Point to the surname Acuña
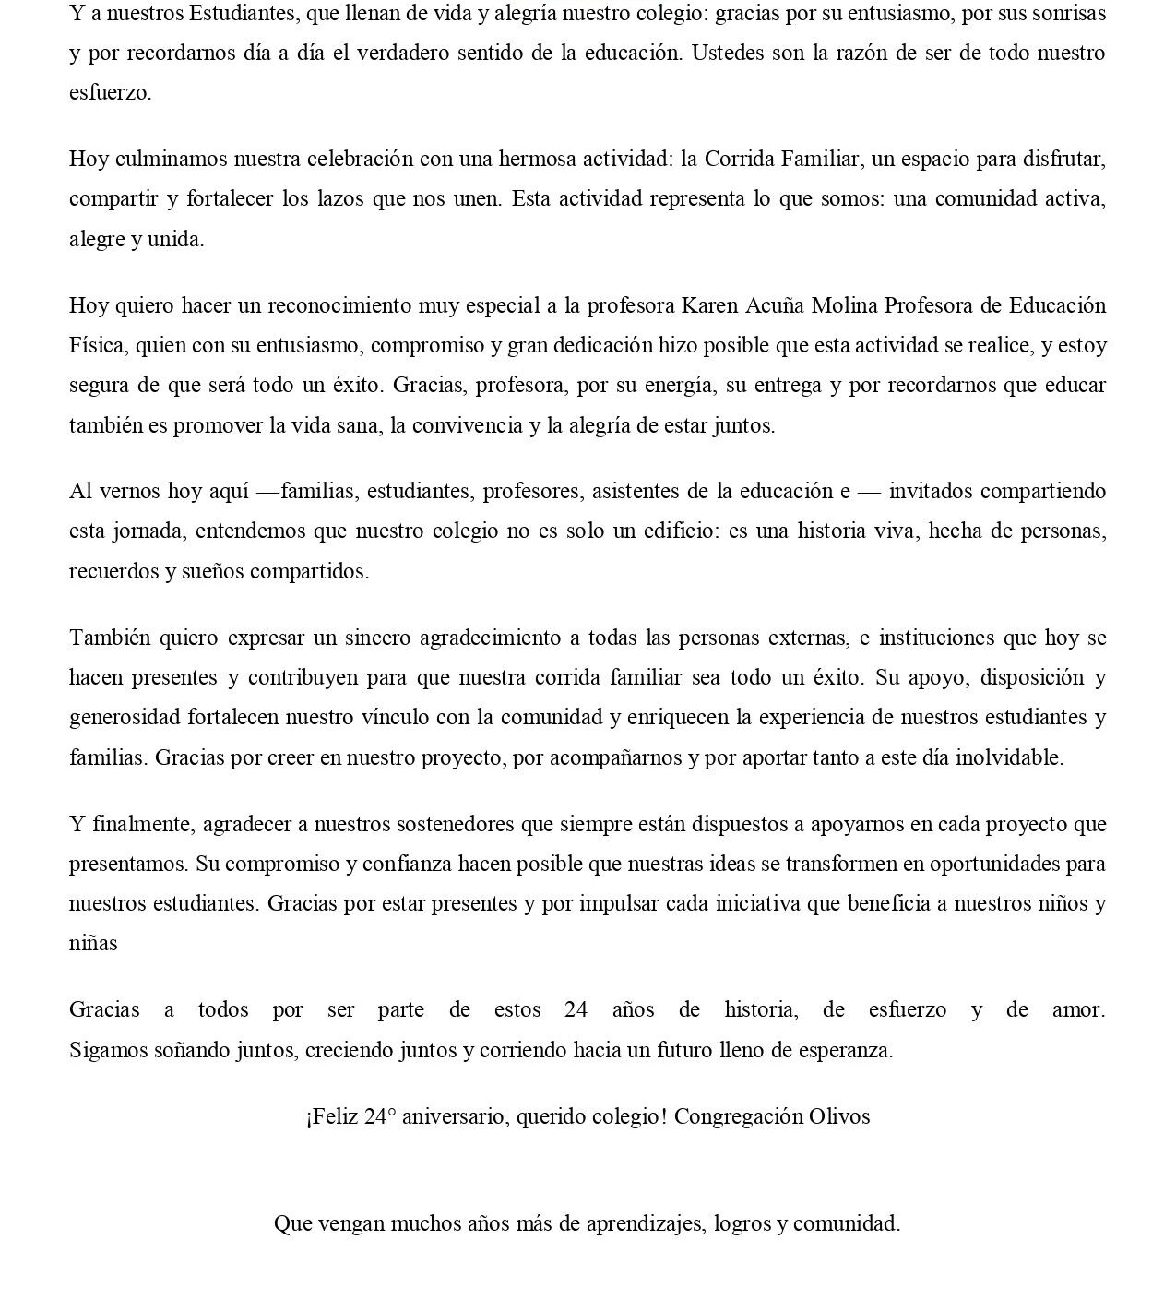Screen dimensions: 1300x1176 tap(768, 305)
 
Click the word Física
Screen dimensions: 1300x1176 tap(97, 346)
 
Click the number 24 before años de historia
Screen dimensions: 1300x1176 tap(576, 1009)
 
